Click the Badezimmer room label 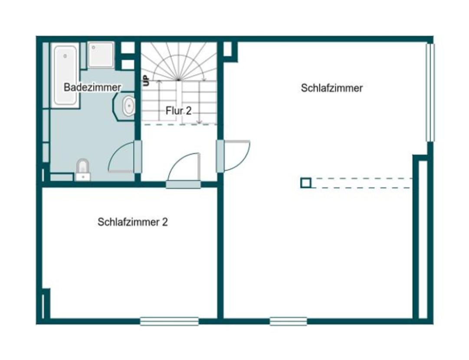92,87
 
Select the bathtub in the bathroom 66,75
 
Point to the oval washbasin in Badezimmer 128,106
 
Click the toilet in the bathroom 82,169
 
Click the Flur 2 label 178,111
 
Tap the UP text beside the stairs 146,81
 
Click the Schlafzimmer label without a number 331,88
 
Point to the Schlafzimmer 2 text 133,222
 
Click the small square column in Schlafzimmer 306,183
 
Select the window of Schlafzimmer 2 169,321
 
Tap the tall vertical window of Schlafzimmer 430,92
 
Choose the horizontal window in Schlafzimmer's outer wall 288,321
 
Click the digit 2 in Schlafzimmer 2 165,222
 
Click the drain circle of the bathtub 65,56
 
